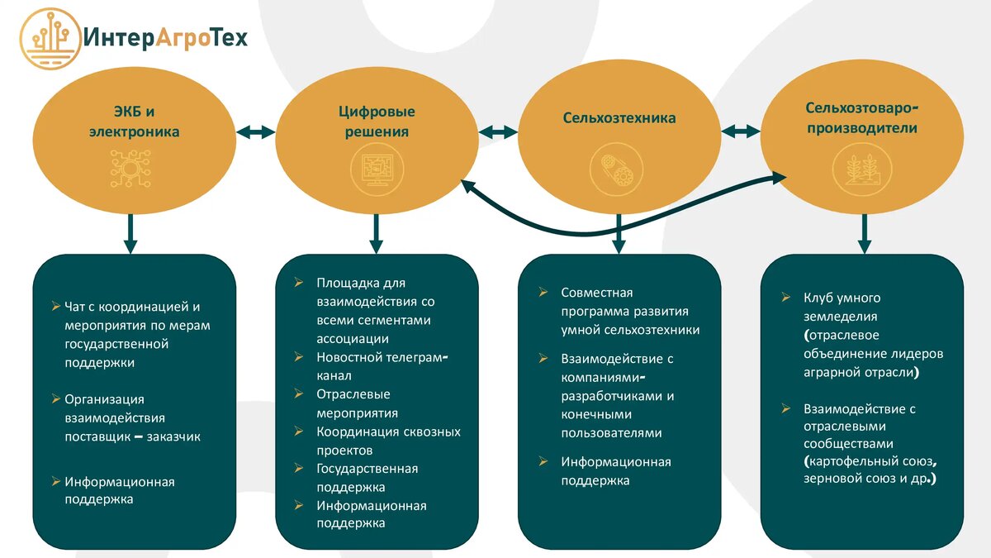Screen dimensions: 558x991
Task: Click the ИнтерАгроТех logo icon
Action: (49, 38)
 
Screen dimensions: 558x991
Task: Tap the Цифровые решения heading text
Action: (377, 122)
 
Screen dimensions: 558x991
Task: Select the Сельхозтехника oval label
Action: (619, 118)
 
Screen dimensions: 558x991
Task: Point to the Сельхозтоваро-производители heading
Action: (861, 118)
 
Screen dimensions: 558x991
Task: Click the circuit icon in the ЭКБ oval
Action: (130, 169)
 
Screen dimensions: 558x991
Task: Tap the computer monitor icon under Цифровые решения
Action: (377, 169)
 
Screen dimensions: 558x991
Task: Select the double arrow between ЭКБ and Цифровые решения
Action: (255, 131)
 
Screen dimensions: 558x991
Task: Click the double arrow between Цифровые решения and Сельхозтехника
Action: (498, 131)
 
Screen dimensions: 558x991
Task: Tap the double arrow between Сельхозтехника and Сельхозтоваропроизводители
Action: (741, 131)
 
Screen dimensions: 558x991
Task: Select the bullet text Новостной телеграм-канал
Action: (381, 366)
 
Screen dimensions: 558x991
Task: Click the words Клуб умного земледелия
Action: (842, 307)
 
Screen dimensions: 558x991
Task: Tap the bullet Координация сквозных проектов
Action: (388, 441)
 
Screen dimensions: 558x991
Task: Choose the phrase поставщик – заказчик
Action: (132, 436)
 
